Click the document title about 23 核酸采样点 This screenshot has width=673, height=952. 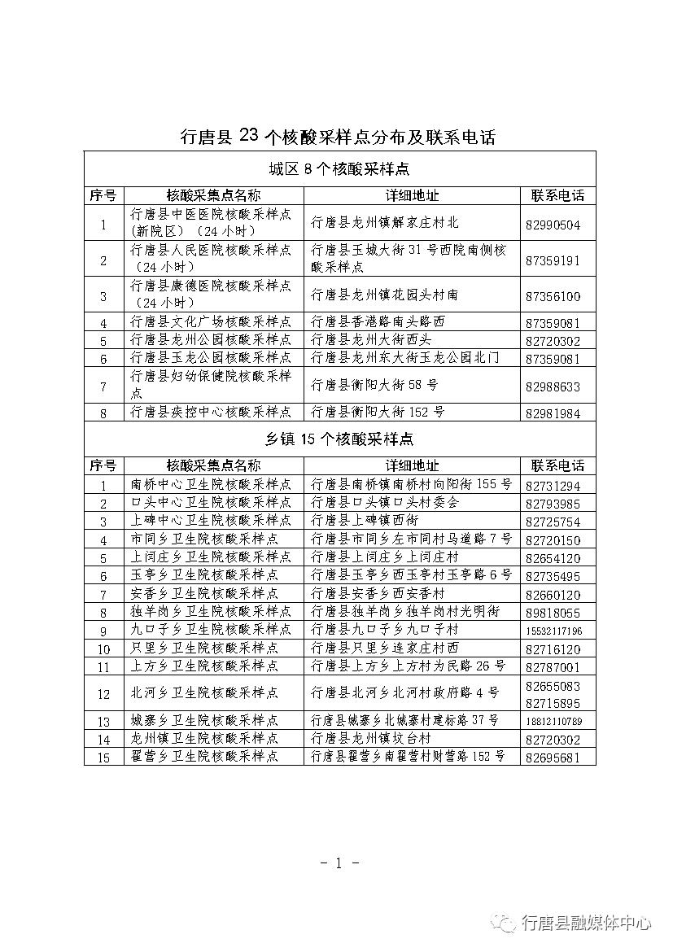[337, 137]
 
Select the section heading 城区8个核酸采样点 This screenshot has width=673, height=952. [339, 169]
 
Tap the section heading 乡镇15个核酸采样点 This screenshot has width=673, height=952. [339, 439]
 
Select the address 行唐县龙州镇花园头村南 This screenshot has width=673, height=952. [384, 295]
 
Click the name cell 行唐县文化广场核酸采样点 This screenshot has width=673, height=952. [211, 321]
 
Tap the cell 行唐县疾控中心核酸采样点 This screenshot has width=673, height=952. [211, 413]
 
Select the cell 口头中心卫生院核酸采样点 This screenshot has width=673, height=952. [211, 503]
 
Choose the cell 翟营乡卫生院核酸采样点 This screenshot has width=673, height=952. [204, 757]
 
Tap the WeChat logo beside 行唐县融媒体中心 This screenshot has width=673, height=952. [508, 923]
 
